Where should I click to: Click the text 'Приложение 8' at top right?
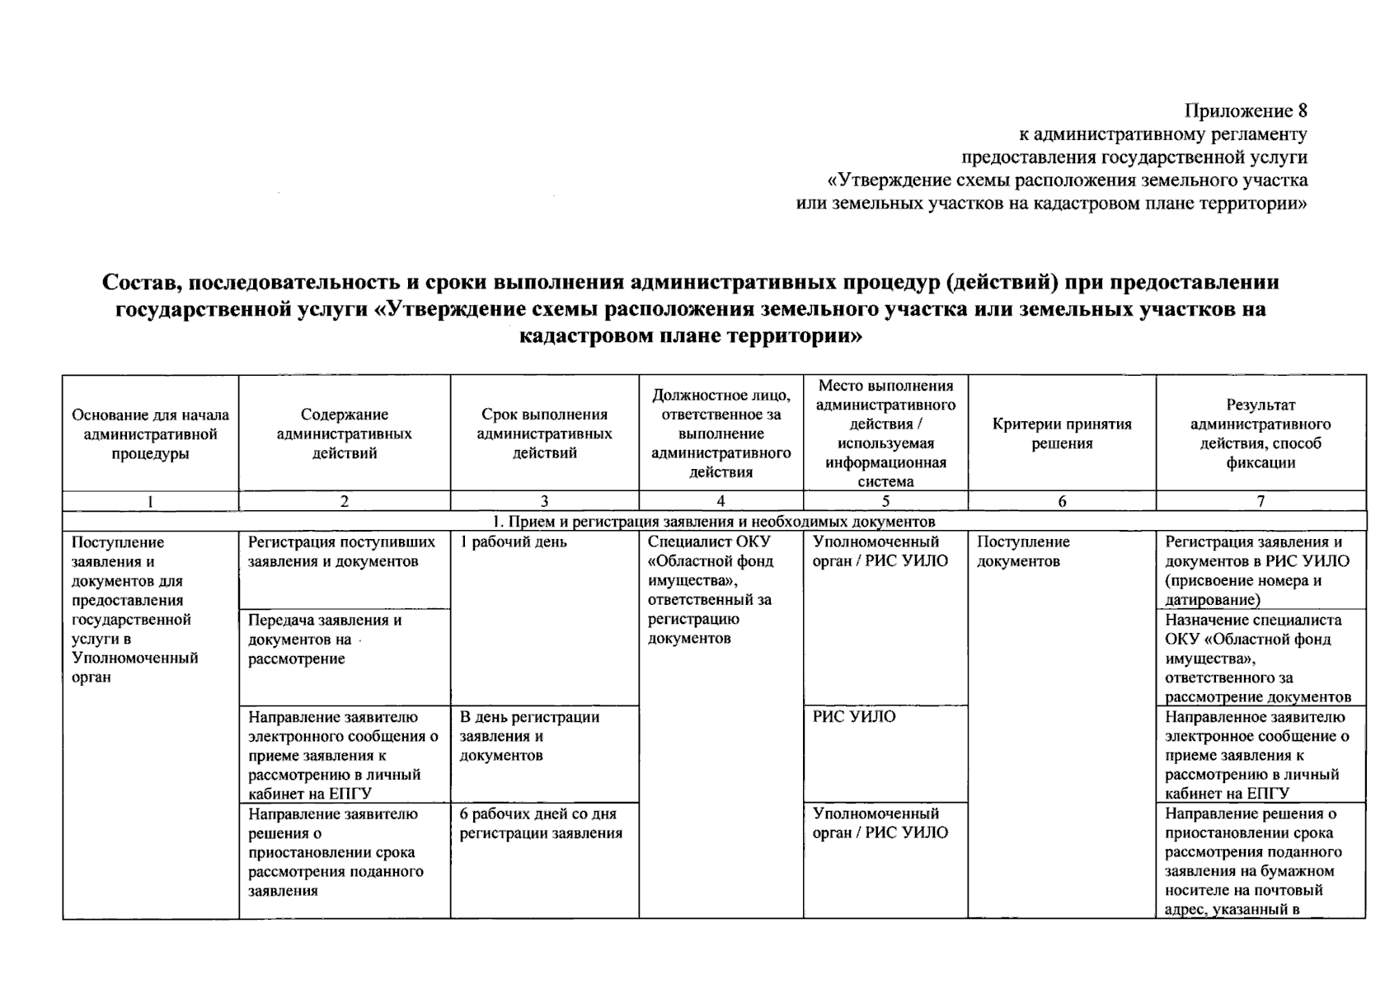point(1246,111)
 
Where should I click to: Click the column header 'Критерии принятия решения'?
point(1062,434)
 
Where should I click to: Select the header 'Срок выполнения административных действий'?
point(544,434)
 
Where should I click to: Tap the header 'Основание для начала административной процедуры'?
point(151,434)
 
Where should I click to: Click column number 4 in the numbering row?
point(721,501)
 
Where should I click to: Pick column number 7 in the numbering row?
point(1261,501)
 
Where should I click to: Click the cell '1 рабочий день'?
point(514,542)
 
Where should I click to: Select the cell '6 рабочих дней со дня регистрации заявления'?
point(541,823)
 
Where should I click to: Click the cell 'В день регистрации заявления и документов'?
point(529,736)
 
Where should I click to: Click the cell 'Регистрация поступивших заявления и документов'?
point(342,551)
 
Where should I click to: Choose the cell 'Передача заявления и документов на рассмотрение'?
point(325,640)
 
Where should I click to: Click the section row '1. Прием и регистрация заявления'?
point(714,522)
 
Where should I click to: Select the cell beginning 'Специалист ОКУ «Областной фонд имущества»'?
point(711,589)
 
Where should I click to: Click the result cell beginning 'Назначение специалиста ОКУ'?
point(1258,659)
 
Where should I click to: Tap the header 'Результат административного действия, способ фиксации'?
point(1261,434)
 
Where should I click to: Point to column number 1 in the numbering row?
point(151,501)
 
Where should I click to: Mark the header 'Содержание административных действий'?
point(345,434)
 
